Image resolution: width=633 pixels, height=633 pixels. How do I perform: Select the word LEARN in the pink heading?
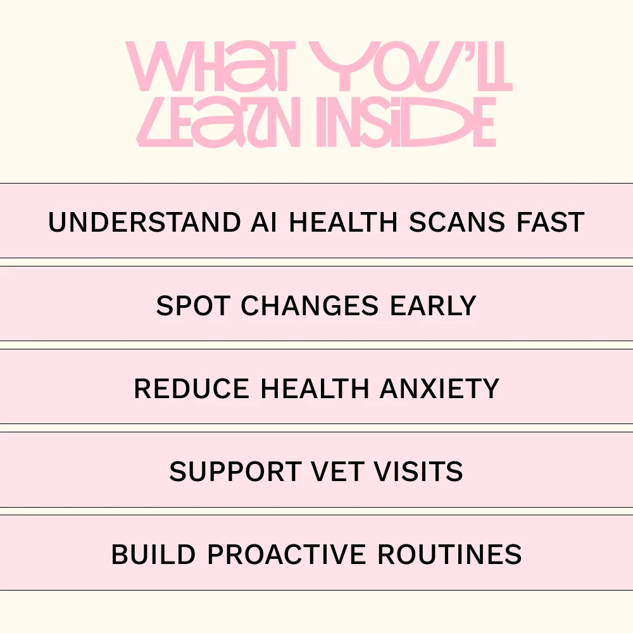[x=218, y=122]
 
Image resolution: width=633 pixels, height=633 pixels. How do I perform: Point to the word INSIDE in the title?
[x=406, y=122]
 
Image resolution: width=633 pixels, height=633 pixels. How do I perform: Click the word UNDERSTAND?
[x=144, y=222]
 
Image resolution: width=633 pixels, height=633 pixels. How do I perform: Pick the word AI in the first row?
[x=264, y=222]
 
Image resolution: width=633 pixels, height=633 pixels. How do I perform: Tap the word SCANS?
[x=457, y=222]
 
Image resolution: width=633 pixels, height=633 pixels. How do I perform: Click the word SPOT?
[x=193, y=306]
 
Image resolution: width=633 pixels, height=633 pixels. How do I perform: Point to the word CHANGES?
[x=310, y=306]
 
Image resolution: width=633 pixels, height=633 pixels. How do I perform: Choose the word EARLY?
[x=433, y=306]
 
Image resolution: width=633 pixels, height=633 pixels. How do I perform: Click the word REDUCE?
[x=191, y=389]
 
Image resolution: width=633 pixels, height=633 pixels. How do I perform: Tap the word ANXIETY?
[x=439, y=389]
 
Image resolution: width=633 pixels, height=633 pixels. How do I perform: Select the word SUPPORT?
[x=235, y=471]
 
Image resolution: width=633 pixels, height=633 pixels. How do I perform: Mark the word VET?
[x=337, y=471]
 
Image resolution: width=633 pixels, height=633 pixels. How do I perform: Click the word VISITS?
[x=418, y=471]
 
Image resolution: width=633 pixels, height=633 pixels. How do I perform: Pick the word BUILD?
[x=154, y=555]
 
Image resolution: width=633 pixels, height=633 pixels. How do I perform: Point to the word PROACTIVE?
[x=287, y=555]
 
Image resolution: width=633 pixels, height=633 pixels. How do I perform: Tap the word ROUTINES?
[x=449, y=555]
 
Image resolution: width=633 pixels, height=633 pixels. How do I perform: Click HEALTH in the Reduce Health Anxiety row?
[x=315, y=389]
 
